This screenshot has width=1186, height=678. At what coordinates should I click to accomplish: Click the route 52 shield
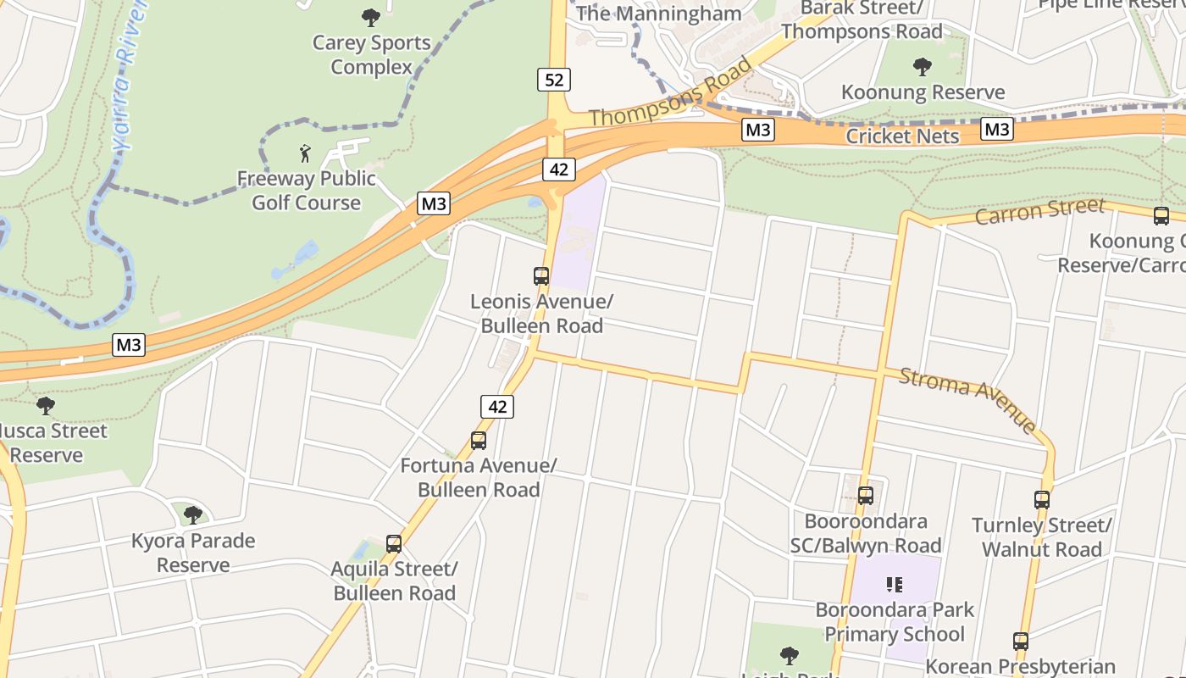(x=553, y=80)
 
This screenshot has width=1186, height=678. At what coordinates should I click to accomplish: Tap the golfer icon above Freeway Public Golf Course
(x=306, y=153)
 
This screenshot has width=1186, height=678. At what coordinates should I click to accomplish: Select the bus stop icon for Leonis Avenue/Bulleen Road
(x=541, y=275)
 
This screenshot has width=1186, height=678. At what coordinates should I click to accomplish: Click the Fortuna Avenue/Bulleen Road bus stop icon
(x=479, y=441)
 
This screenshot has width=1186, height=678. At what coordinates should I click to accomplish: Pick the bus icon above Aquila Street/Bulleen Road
(x=394, y=543)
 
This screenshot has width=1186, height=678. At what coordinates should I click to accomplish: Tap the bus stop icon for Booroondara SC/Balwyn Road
(x=866, y=496)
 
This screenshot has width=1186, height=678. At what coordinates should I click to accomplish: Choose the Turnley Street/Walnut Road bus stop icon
(x=1042, y=500)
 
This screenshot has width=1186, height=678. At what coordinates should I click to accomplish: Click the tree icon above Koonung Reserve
(x=923, y=67)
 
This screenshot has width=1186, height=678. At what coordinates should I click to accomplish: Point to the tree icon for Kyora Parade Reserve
(x=193, y=514)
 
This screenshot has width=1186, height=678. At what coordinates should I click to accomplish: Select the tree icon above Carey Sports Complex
(x=371, y=17)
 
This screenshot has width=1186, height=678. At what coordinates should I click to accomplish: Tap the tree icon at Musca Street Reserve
(x=46, y=405)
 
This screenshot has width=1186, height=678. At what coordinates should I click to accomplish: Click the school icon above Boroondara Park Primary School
(x=895, y=585)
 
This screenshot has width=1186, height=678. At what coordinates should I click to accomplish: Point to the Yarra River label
(x=127, y=76)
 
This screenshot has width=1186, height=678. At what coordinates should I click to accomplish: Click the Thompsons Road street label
(x=670, y=93)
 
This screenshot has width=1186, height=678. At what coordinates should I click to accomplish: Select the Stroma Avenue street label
(x=968, y=398)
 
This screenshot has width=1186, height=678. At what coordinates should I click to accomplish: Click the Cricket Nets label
(x=902, y=136)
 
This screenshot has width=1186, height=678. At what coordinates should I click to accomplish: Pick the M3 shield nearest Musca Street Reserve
(x=129, y=345)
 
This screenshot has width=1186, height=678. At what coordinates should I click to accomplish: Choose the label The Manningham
(x=658, y=14)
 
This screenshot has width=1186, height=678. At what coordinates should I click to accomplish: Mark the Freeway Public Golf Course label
(x=306, y=191)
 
